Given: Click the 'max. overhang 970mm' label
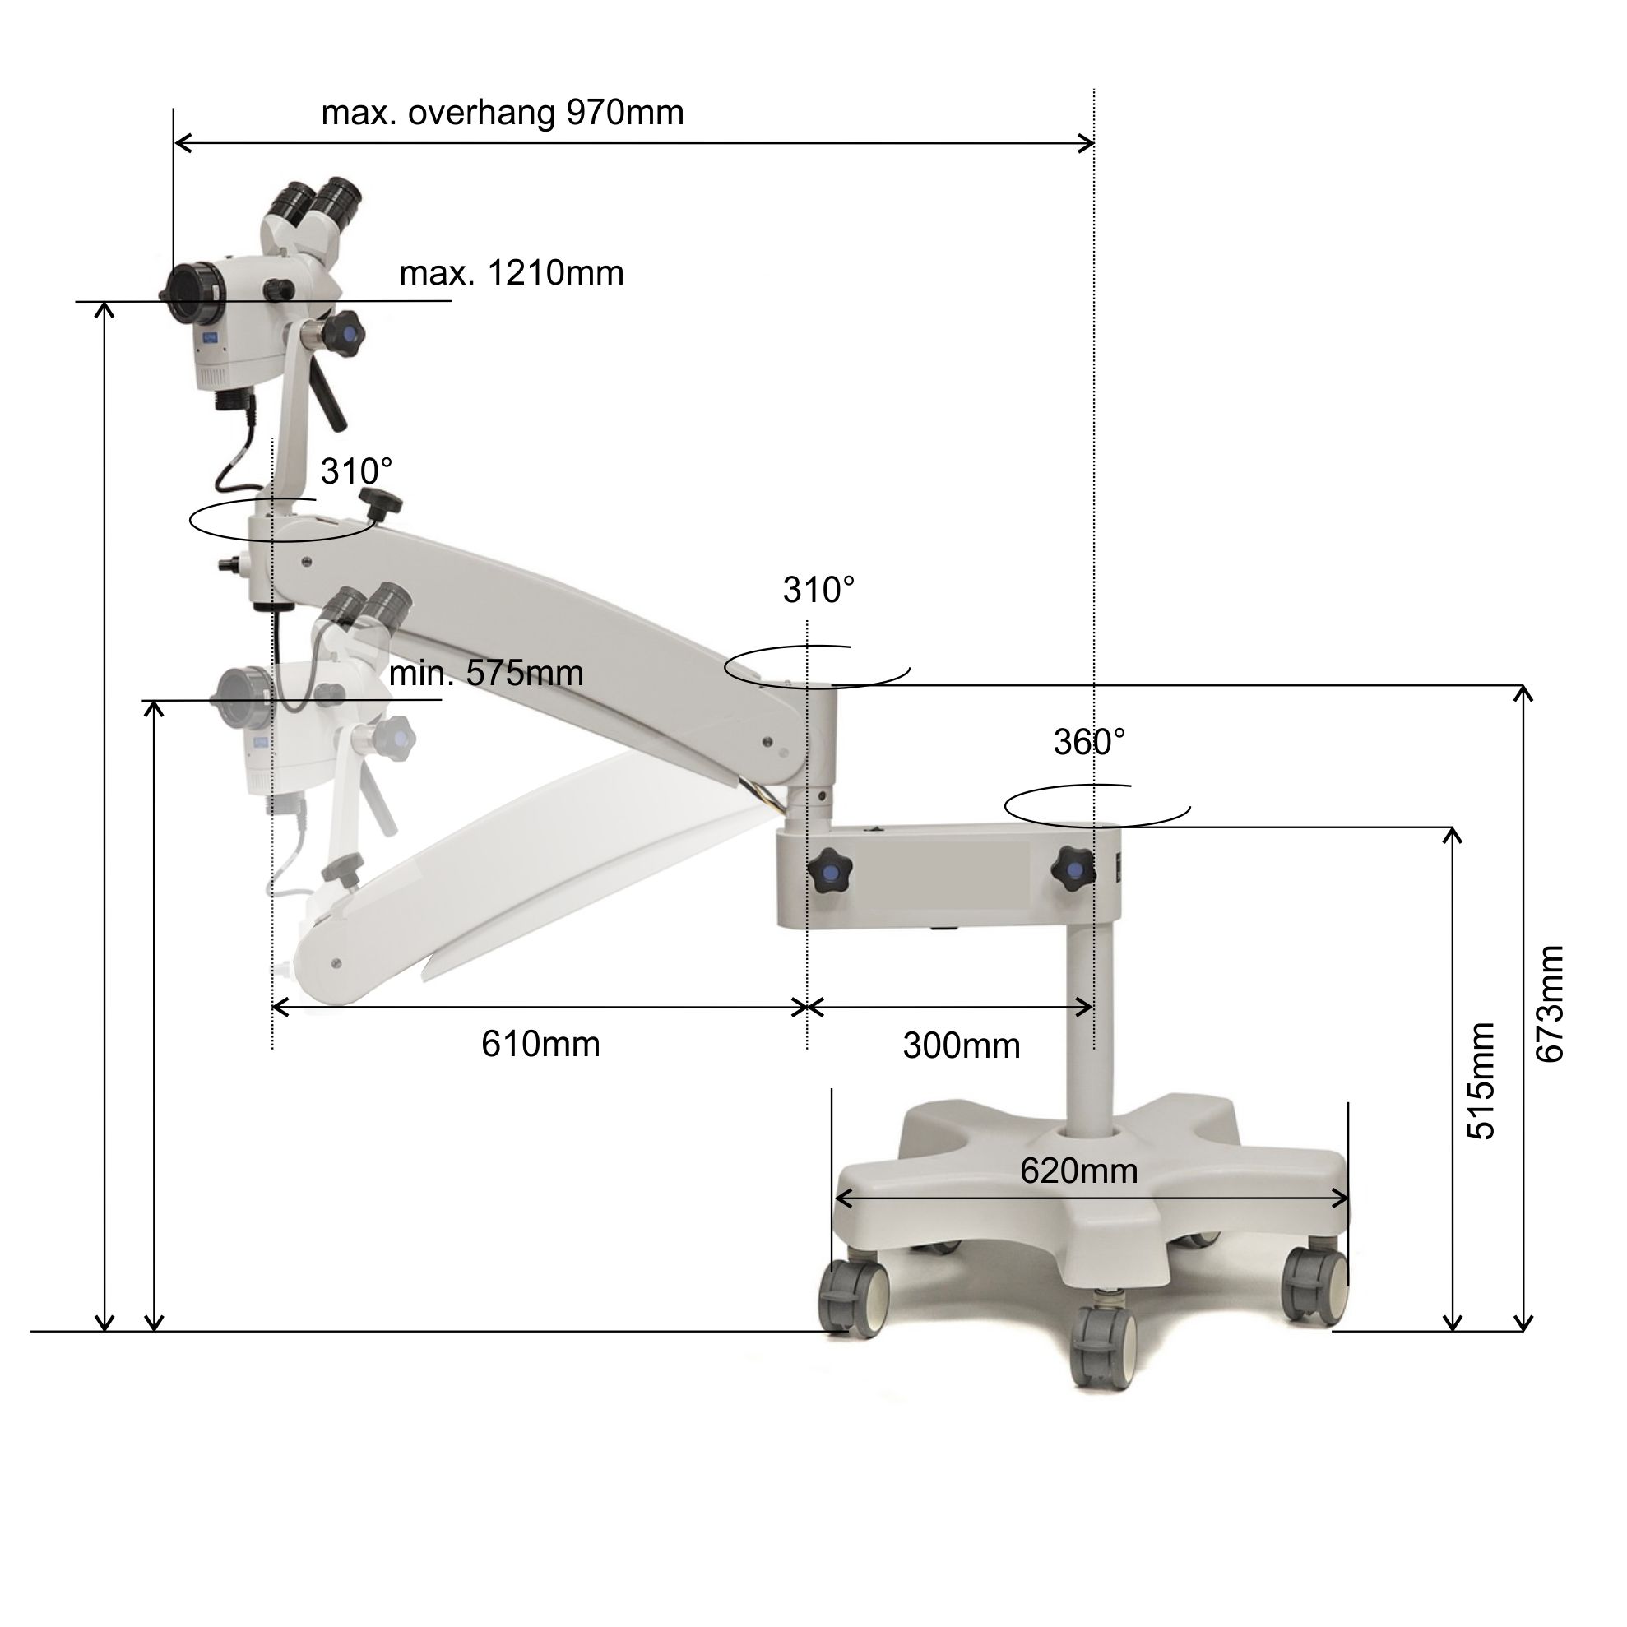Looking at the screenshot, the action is pos(503,113).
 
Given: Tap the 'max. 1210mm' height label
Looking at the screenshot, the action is pos(511,273).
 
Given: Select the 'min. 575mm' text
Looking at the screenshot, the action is pos(486,673).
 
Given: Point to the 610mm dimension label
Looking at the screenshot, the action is pos(540,1045).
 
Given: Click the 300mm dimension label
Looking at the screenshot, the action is pos(962,1046).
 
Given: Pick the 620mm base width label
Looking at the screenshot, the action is pos(1079,1170).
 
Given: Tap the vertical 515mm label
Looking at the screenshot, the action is pos(1481,1082).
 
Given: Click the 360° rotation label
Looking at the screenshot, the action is pos(1090,742).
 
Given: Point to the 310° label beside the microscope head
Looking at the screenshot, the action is pos(356,471).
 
